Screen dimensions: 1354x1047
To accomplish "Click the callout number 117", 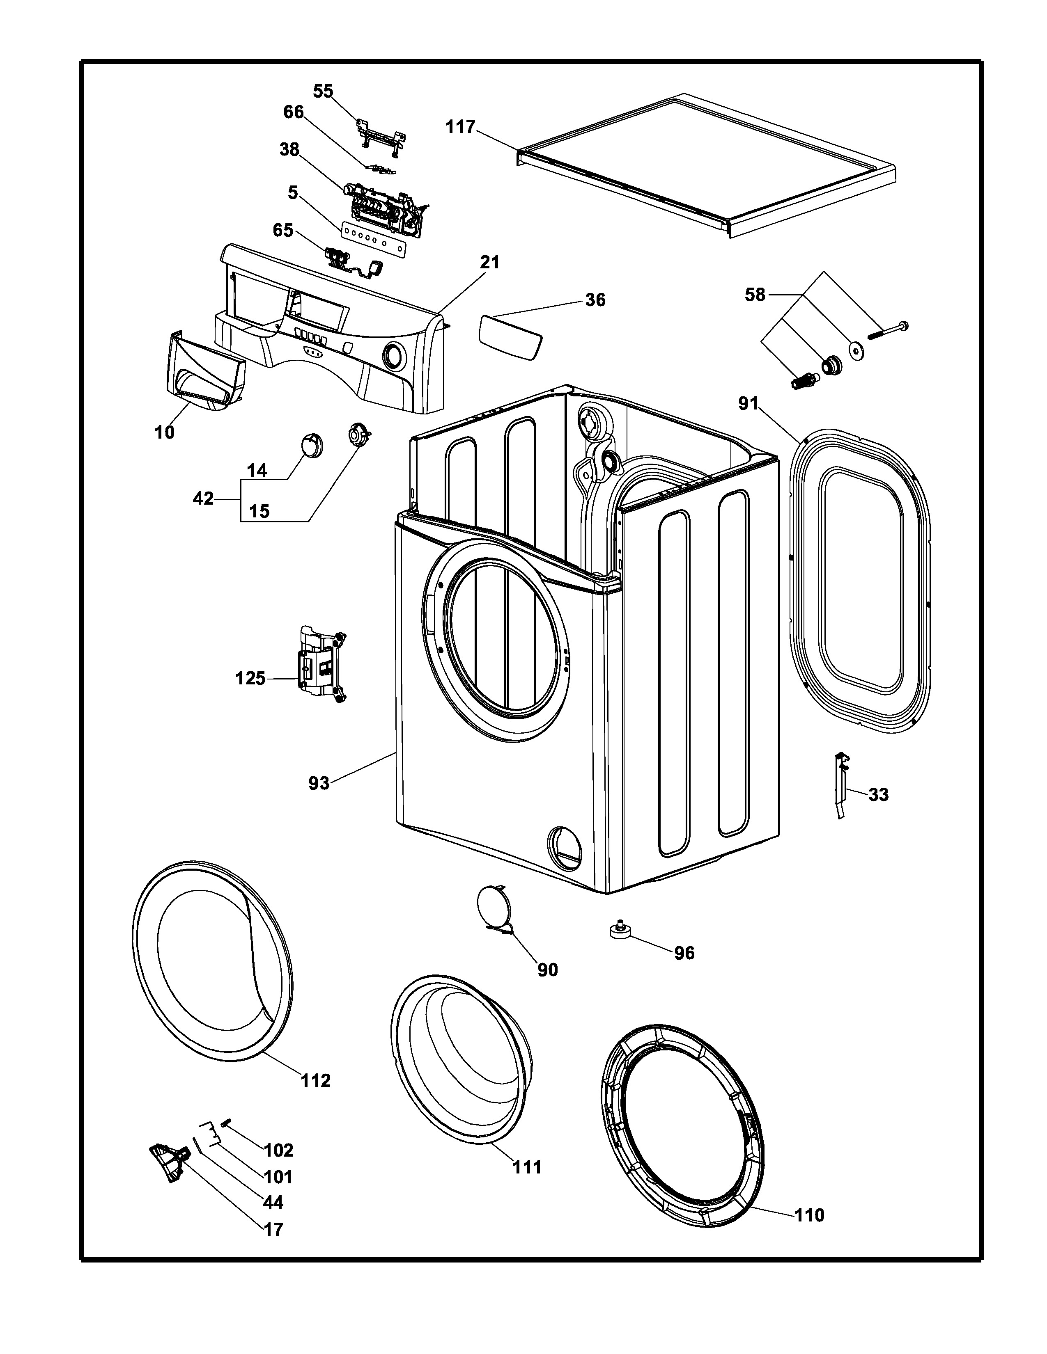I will click(x=460, y=127).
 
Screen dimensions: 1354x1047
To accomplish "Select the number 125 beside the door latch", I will click(x=250, y=679).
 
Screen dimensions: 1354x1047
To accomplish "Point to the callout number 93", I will click(x=319, y=784).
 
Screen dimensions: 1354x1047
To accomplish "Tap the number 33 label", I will click(x=878, y=794).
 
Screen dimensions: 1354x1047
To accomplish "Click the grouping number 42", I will click(x=203, y=499).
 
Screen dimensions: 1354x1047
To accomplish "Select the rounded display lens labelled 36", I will click(x=510, y=336).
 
